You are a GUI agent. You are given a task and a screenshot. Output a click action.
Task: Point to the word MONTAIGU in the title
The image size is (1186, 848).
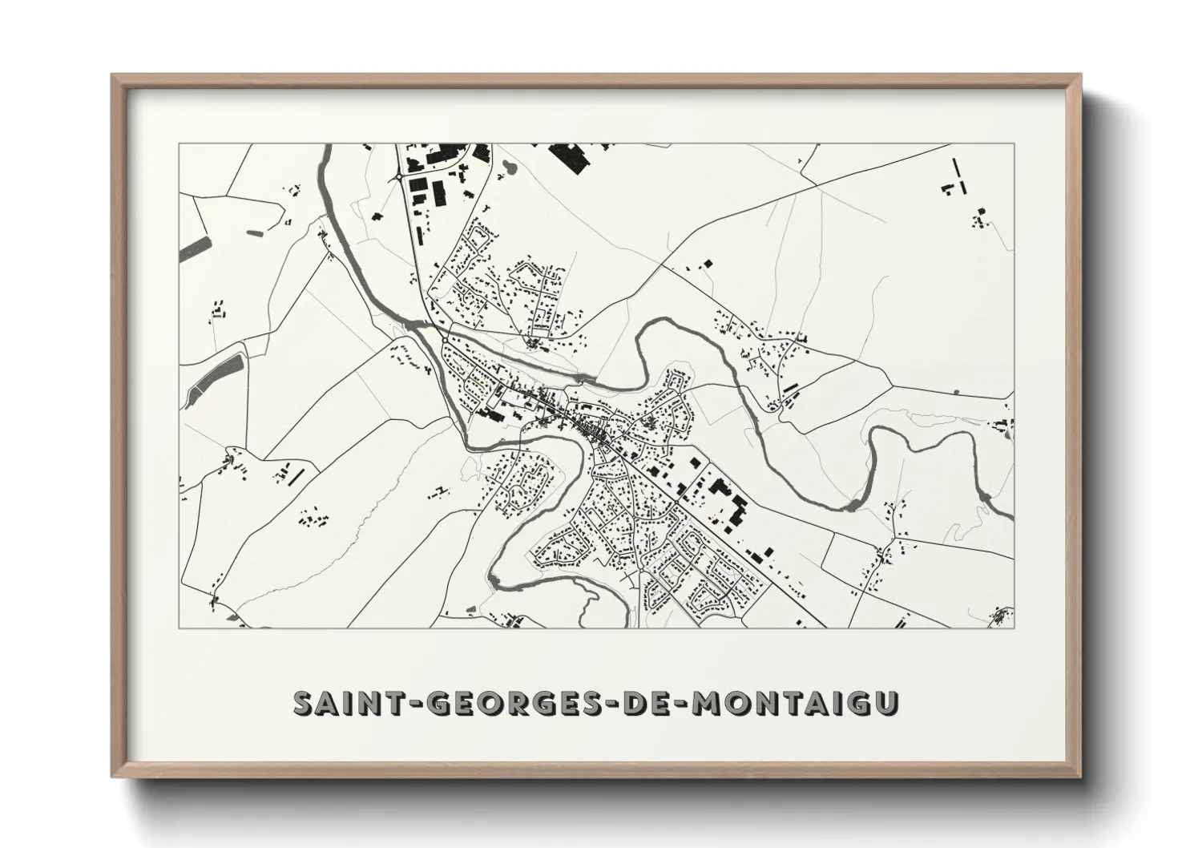(795, 703)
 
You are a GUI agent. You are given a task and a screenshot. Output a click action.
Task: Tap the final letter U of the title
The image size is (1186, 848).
(887, 703)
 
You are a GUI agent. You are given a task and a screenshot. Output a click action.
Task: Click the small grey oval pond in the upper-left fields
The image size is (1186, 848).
(256, 232)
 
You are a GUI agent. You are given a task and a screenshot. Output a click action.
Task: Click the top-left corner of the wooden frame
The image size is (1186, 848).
(114, 76)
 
